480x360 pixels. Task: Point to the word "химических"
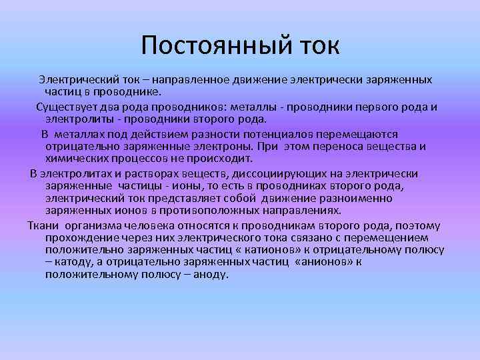76,159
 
